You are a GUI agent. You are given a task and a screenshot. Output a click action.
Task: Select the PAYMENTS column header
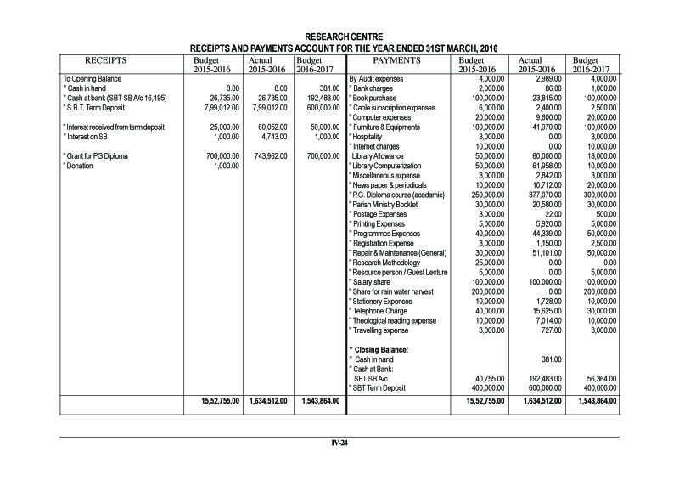pos(397,61)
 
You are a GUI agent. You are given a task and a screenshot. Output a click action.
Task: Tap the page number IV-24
pos(339,443)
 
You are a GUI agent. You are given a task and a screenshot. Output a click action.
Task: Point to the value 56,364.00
pos(598,379)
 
